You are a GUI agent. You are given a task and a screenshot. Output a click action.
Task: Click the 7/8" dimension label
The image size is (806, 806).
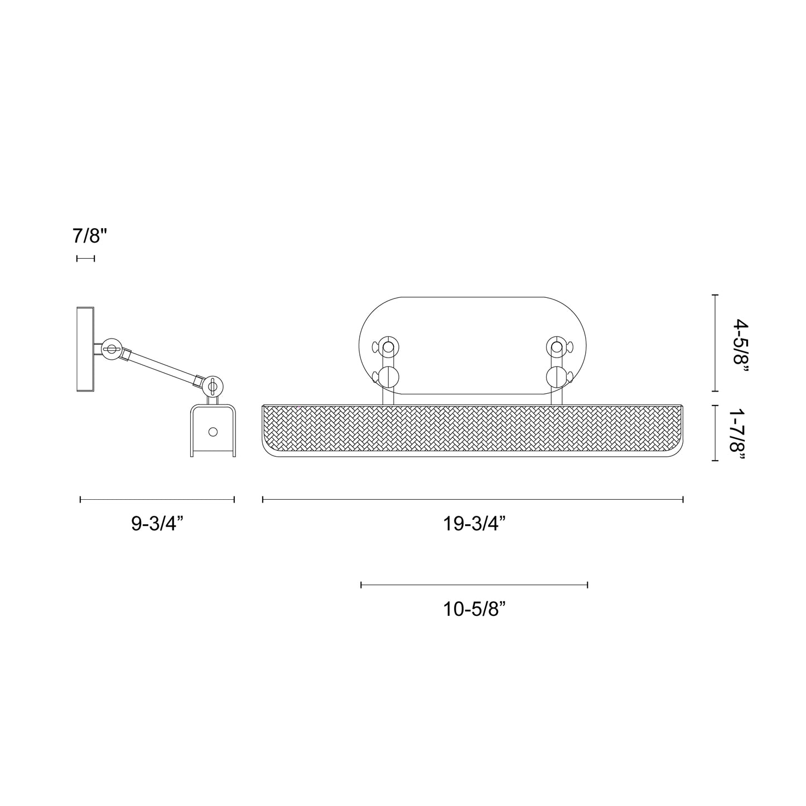[x=89, y=236]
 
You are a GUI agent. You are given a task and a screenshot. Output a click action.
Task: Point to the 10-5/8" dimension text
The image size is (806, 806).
[x=474, y=609]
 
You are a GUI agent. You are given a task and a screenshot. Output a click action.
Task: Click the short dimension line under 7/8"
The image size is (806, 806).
[x=85, y=258]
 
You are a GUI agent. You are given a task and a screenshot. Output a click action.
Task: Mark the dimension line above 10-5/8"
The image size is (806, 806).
[x=474, y=585]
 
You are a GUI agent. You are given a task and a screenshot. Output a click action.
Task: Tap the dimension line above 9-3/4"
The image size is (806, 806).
[x=157, y=499]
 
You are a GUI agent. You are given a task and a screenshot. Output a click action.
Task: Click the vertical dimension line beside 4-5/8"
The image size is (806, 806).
[x=716, y=343]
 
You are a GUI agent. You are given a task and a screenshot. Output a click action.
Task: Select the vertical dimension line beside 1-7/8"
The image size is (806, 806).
[x=716, y=433]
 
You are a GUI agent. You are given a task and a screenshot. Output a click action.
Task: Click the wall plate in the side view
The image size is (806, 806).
[x=85, y=349]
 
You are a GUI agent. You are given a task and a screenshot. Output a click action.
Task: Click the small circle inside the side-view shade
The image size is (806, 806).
[x=213, y=431]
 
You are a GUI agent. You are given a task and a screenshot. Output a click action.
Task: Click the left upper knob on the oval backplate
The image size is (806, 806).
[x=388, y=346]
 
